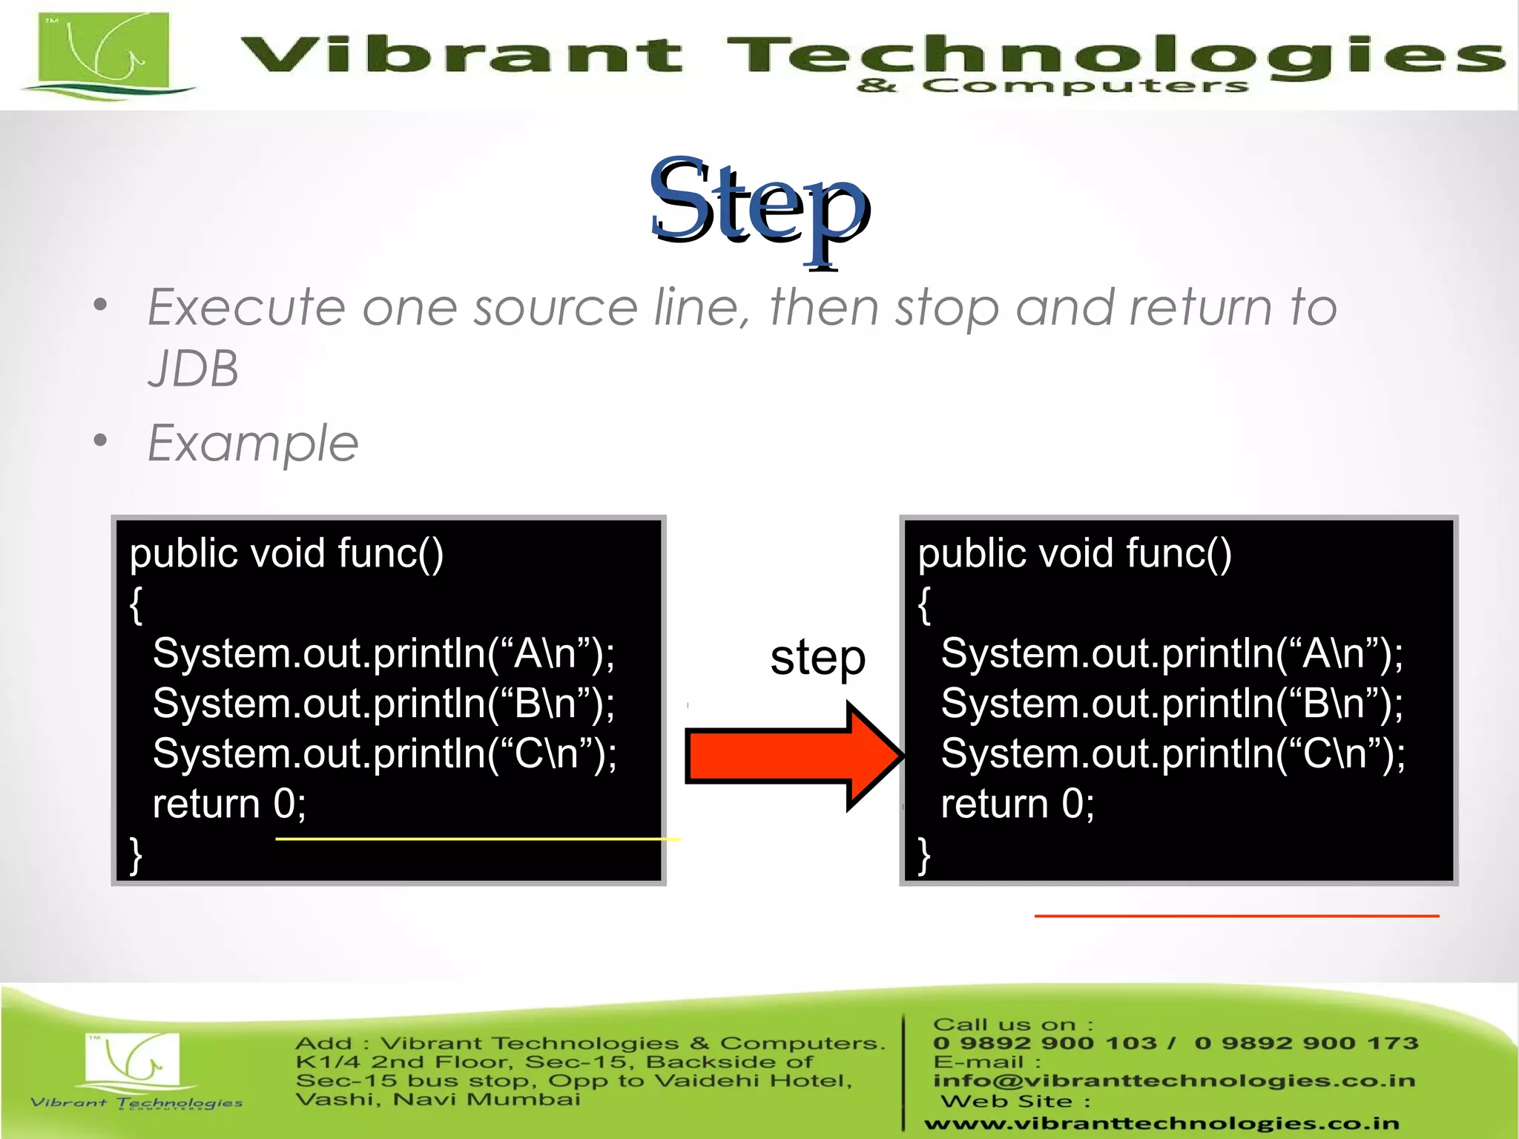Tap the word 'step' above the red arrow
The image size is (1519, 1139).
pyautogui.click(x=817, y=658)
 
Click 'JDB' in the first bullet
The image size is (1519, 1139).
pyautogui.click(x=194, y=369)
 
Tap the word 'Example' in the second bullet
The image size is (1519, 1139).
pyautogui.click(x=253, y=443)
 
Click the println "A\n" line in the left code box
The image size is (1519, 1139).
pyautogui.click(x=383, y=654)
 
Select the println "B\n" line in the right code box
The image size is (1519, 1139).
pyautogui.click(x=1172, y=704)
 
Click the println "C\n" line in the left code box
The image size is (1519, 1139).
pyautogui.click(x=384, y=754)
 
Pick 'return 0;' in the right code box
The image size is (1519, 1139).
pyautogui.click(x=1018, y=804)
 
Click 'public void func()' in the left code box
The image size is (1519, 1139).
pyautogui.click(x=286, y=554)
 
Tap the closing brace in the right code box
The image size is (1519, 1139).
pyautogui.click(x=923, y=856)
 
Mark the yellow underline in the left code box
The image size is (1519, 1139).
pyautogui.click(x=477, y=839)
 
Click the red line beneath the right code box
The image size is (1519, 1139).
pyautogui.click(x=1236, y=916)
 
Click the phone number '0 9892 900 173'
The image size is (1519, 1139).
pyautogui.click(x=1306, y=1043)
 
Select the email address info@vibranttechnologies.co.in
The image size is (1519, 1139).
pyautogui.click(x=1174, y=1080)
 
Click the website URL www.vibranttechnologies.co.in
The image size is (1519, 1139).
pyautogui.click(x=1162, y=1124)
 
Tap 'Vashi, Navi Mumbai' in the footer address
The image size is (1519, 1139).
pyautogui.click(x=438, y=1099)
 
